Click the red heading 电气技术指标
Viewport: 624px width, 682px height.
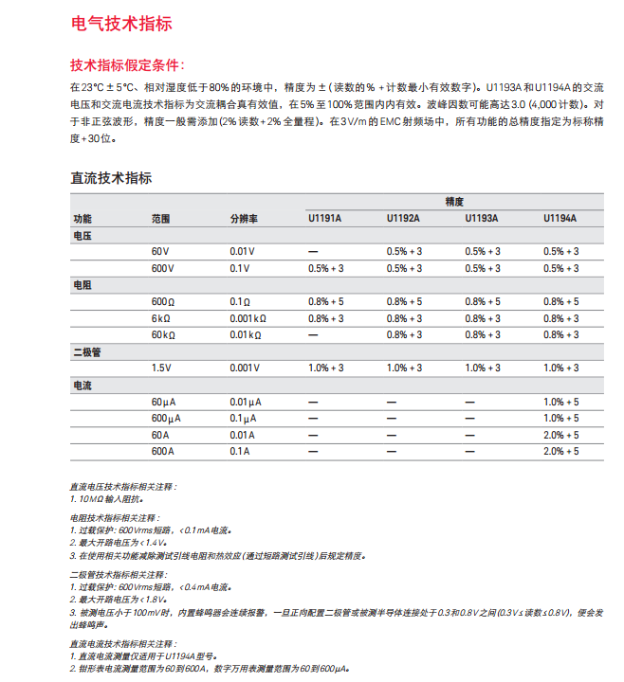click(x=121, y=24)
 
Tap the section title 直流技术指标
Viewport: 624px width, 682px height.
click(x=112, y=177)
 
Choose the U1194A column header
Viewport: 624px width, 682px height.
click(x=560, y=219)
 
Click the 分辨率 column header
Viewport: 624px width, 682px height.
click(x=244, y=219)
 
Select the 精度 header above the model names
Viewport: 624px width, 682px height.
click(x=454, y=202)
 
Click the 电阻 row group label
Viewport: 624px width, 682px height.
click(x=83, y=285)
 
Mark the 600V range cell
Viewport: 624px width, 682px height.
click(x=163, y=268)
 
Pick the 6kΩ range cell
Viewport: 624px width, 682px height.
click(x=160, y=318)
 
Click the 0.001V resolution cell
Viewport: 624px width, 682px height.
click(x=245, y=368)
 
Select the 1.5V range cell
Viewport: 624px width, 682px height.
click(x=161, y=368)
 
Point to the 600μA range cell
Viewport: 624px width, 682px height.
click(x=165, y=418)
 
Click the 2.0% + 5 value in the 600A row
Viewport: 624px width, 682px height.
click(x=560, y=451)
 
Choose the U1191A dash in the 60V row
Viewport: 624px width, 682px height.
click(x=312, y=251)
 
